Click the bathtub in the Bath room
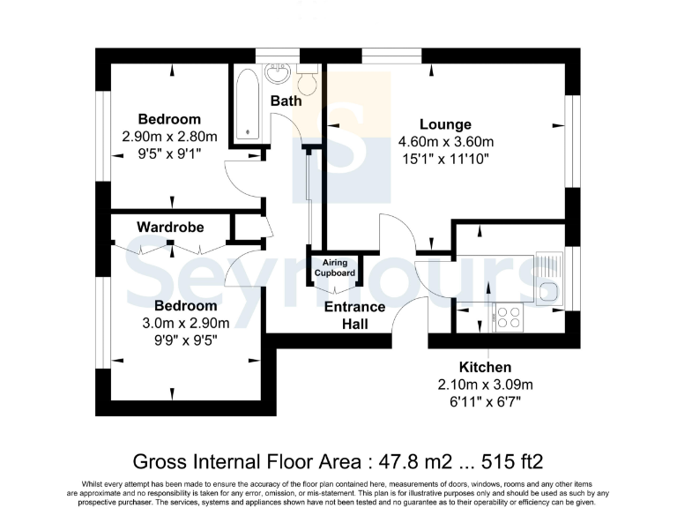[x=247, y=104]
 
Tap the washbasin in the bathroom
[x=278, y=74]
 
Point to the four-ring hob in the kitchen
[x=509, y=316]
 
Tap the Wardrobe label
[x=170, y=228]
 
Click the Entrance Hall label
[x=355, y=316]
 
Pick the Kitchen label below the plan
[x=485, y=367]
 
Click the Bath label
[x=286, y=101]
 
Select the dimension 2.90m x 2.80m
[x=169, y=137]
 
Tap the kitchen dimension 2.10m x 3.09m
[x=485, y=385]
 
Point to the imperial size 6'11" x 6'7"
[x=485, y=401]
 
